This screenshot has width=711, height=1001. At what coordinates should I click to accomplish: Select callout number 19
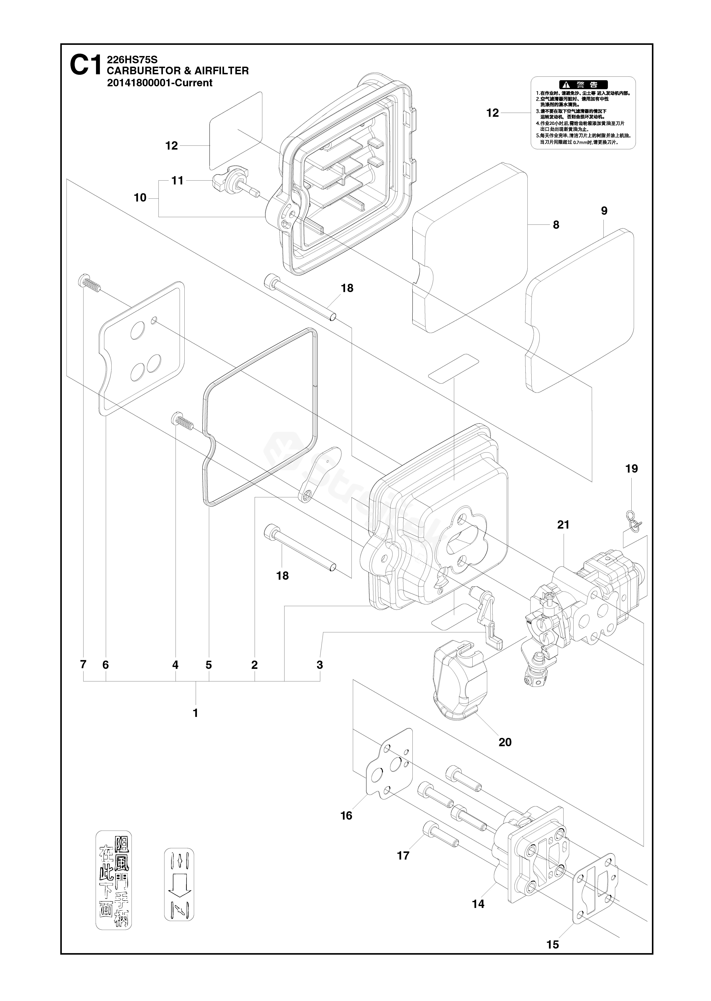pos(631,469)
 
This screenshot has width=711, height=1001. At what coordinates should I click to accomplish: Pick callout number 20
pos(505,742)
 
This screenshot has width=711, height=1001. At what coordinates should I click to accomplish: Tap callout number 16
pos(346,816)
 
